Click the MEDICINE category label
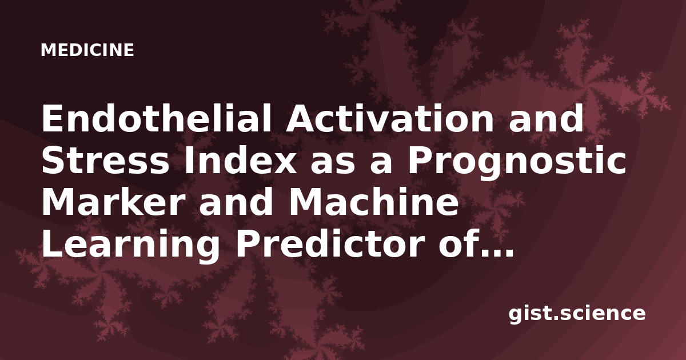87,50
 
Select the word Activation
389,118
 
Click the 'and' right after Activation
546,118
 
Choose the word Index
240,161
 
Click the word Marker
113,203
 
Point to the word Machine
374,203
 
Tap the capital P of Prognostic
418,161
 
